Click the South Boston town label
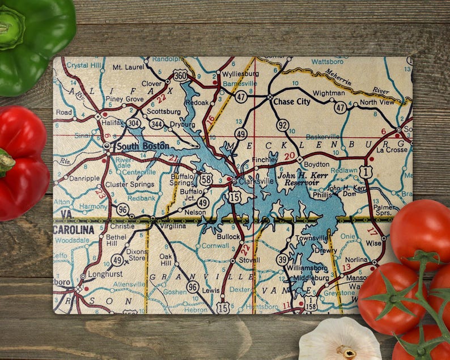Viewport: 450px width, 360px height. [x=142, y=146]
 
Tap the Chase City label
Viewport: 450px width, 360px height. [x=292, y=102]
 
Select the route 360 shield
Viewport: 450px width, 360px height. [x=180, y=75]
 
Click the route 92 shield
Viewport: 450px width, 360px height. [x=282, y=125]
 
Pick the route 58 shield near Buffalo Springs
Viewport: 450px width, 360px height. [x=206, y=180]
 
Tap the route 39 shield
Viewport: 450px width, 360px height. [x=282, y=259]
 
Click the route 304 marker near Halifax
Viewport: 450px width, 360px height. [x=134, y=122]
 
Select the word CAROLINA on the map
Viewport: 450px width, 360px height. [x=74, y=230]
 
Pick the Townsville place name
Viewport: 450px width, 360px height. [x=311, y=239]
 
